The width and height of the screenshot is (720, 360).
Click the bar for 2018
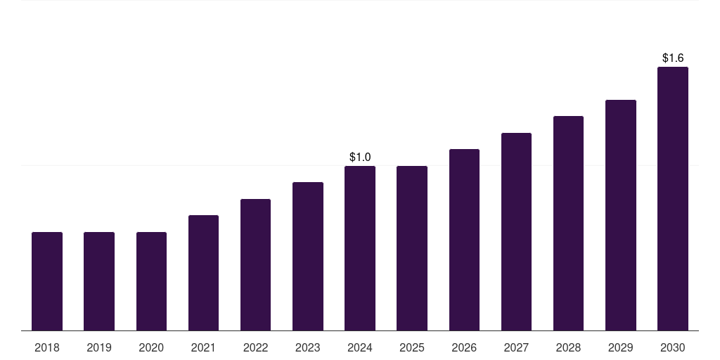tap(47, 281)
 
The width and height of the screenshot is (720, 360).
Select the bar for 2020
tap(151, 281)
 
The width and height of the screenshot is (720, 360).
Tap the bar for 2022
tap(255, 265)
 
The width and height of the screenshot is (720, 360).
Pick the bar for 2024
tap(360, 248)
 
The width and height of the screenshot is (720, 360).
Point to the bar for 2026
tap(464, 240)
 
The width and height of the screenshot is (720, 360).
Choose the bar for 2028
tap(568, 224)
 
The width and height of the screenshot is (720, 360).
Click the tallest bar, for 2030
tap(673, 199)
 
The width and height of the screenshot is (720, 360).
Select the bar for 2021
tap(203, 273)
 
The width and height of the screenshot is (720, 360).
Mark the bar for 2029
tap(621, 215)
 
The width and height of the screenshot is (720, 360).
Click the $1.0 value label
tap(360, 157)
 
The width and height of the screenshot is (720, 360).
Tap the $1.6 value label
tap(673, 58)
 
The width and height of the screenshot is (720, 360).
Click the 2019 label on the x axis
tap(99, 347)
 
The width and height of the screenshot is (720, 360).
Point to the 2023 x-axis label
tap(308, 347)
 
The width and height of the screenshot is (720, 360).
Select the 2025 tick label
tap(412, 347)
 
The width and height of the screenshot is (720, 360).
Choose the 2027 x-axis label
tap(516, 347)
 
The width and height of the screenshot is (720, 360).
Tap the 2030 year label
tap(673, 347)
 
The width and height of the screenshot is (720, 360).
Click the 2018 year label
tap(47, 347)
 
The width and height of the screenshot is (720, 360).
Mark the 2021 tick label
tap(203, 347)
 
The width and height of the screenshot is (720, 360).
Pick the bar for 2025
tap(412, 248)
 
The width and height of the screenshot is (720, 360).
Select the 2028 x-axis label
tap(568, 347)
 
